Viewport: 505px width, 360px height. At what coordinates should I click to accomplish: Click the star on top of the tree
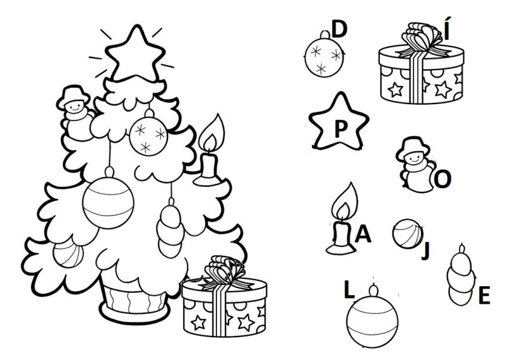[x=135, y=55]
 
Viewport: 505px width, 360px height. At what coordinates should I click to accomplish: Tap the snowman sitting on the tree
[x=76, y=113]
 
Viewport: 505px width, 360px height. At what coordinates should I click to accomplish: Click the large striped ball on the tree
[x=108, y=202]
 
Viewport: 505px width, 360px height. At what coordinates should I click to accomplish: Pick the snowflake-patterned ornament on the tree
[x=148, y=135]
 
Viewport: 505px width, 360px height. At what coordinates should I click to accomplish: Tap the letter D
[x=339, y=28]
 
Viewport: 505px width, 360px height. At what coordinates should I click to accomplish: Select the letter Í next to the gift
[x=446, y=29]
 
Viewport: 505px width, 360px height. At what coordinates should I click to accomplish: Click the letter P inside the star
[x=340, y=129]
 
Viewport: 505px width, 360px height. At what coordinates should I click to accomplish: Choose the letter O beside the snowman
[x=443, y=179]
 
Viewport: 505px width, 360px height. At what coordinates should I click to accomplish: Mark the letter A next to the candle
[x=362, y=234]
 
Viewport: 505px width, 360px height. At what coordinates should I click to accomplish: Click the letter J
[x=425, y=250]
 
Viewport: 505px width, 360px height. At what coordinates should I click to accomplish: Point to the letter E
[x=484, y=295]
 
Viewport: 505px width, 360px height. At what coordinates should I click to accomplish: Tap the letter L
[x=349, y=289]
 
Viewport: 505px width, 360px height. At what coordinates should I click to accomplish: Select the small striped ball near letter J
[x=408, y=234]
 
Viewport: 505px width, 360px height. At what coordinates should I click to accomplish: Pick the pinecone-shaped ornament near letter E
[x=461, y=276]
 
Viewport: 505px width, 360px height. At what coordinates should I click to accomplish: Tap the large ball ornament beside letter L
[x=372, y=318]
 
